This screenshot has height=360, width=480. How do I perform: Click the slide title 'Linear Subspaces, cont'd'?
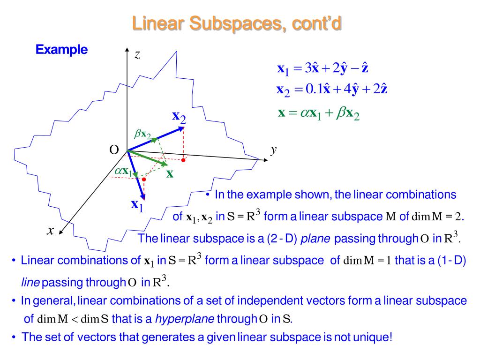pos(236,23)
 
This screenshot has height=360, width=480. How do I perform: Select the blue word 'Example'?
pos(61,50)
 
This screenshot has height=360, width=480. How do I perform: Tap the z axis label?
pos(137,55)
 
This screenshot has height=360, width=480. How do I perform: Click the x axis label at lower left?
pos(51,230)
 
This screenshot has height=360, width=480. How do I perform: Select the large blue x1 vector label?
pos(137,205)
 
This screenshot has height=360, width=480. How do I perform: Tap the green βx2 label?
pos(143,135)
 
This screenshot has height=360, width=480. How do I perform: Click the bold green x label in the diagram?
pos(170,173)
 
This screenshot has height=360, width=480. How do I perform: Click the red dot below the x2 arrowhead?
pos(184,160)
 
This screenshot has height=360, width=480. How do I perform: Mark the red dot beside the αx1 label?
pos(144,179)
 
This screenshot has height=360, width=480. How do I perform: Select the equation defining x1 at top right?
pos(322,69)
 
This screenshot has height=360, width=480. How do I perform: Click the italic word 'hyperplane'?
pos(185,319)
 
